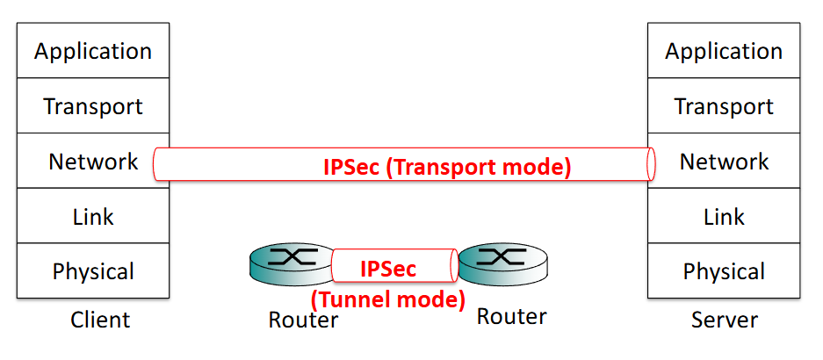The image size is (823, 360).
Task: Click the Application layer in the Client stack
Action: [x=93, y=51]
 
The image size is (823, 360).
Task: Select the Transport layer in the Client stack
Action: [x=93, y=106]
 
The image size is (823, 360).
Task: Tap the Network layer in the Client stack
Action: [x=93, y=162]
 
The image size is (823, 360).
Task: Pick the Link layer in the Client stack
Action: [x=93, y=216]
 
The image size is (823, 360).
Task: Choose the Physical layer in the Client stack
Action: [x=93, y=271]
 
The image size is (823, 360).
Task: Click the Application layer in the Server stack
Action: [x=724, y=51]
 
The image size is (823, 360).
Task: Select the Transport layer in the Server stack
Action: [x=724, y=106]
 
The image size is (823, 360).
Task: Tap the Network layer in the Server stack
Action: [x=724, y=162]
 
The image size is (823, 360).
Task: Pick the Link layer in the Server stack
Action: [x=724, y=216]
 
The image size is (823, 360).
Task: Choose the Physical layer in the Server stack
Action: [x=724, y=271]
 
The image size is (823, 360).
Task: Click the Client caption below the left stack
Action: [x=100, y=320]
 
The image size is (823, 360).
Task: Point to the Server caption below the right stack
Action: [x=724, y=320]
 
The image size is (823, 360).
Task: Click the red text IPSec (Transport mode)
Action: [x=447, y=166]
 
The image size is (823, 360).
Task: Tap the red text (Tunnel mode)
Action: [x=387, y=299]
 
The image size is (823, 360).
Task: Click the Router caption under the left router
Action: [x=303, y=320]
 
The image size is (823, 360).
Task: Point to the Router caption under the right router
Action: [x=511, y=316]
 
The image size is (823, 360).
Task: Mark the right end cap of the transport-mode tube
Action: [x=651, y=164]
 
